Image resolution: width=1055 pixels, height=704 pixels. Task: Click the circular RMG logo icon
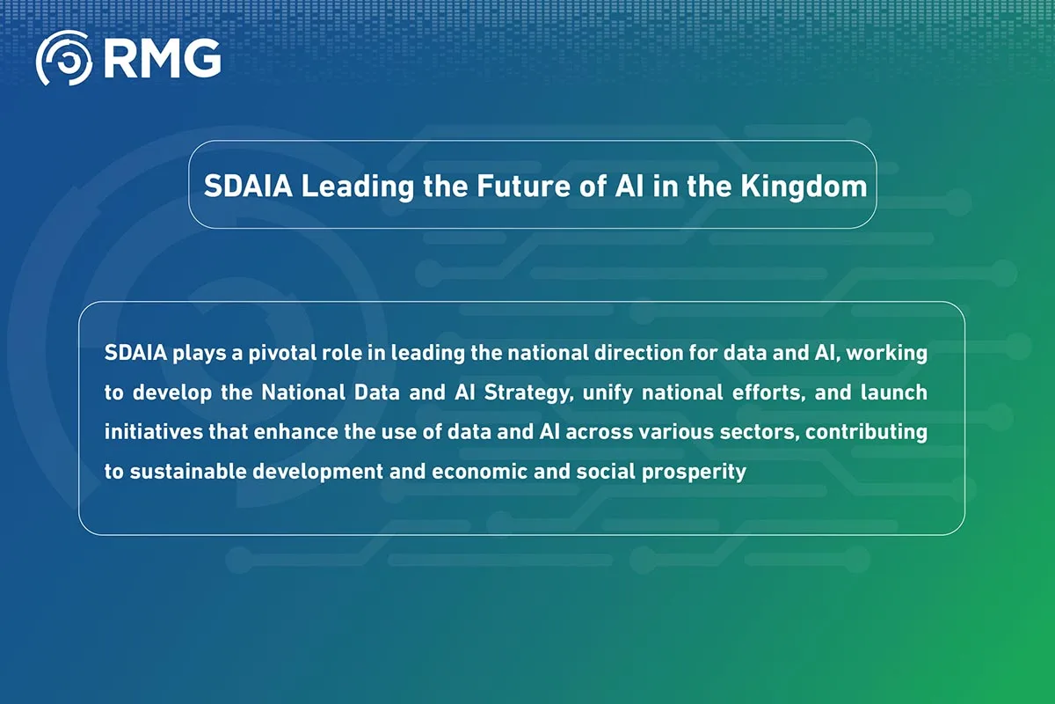pos(63,59)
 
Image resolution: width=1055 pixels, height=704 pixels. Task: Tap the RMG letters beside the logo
pos(162,59)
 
